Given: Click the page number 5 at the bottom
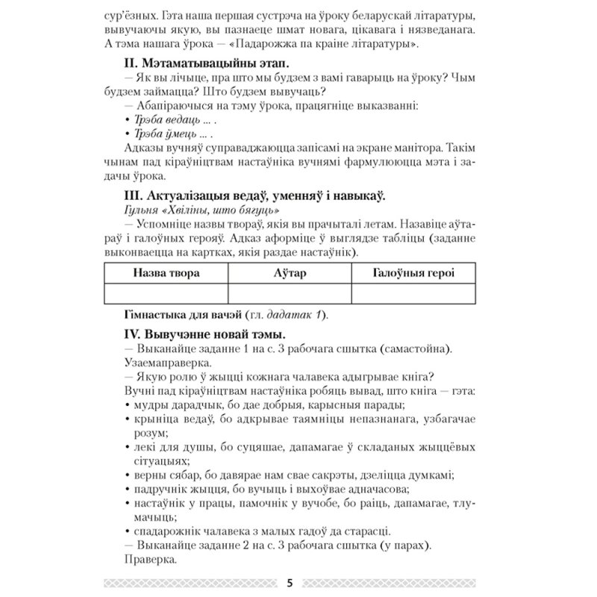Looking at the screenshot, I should [289, 583].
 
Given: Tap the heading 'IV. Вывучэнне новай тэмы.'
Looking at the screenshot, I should [201, 333].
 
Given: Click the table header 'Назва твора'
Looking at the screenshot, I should [166, 273].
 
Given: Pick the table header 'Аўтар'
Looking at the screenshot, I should [289, 273].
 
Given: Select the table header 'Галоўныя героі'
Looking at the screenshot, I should [413, 273].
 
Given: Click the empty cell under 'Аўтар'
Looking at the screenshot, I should [289, 294].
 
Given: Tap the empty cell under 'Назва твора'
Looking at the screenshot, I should [166, 294].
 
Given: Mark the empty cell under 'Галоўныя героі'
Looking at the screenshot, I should [413, 294].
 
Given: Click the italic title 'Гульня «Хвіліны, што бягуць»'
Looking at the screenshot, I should [196, 210].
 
